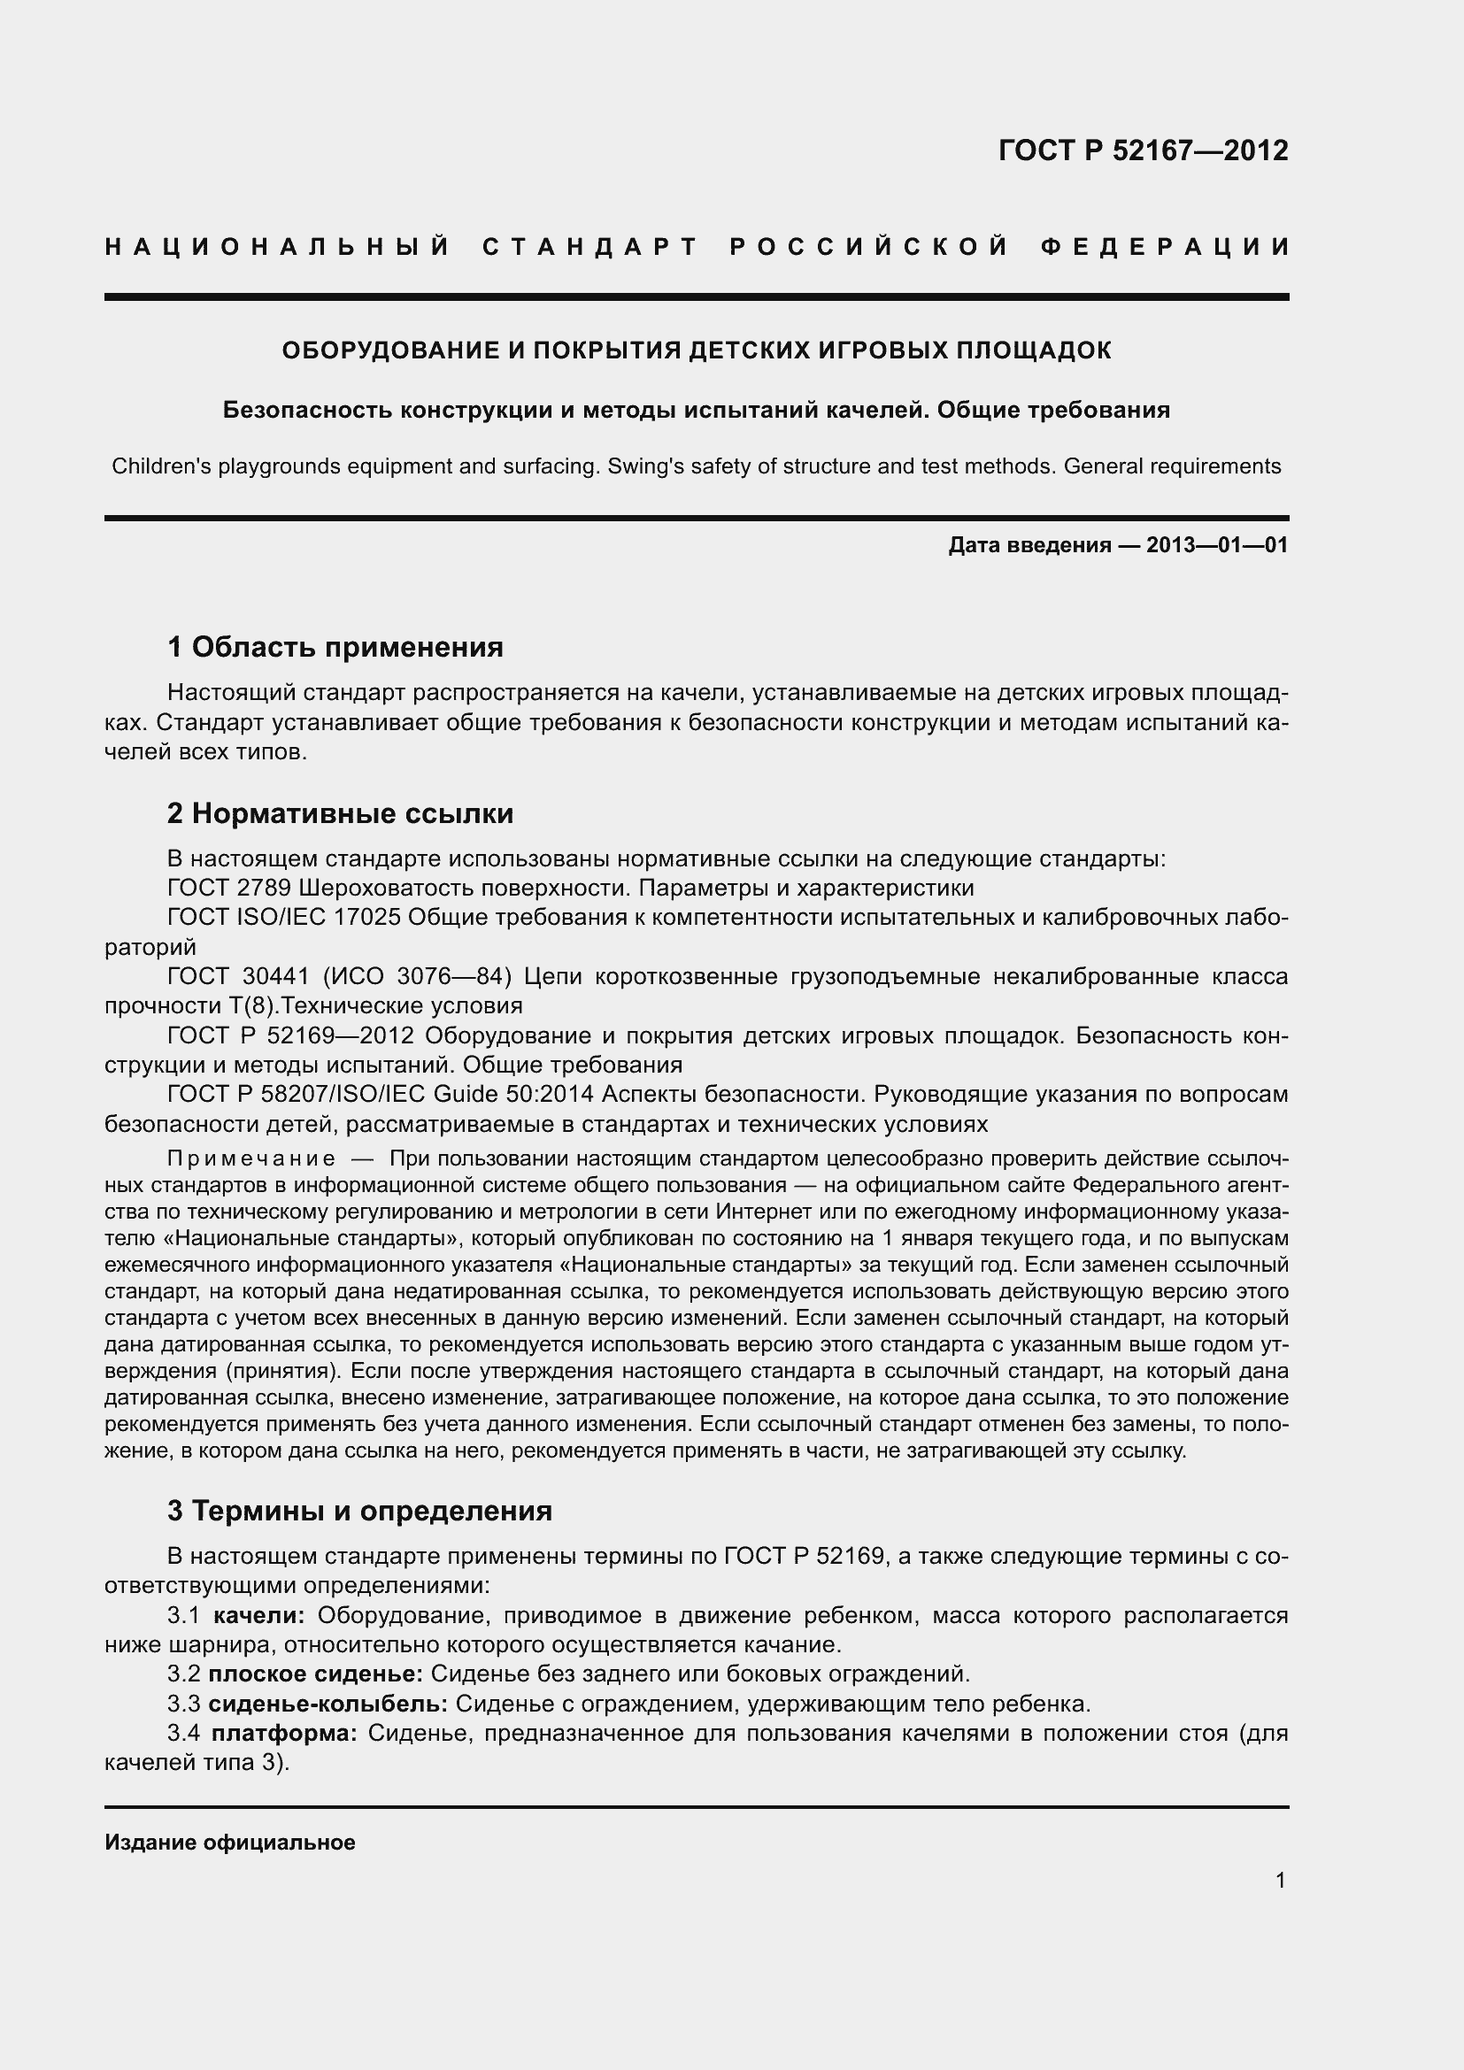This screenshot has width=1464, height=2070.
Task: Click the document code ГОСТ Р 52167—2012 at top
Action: click(1143, 150)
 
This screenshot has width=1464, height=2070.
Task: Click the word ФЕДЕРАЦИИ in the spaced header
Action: click(1165, 247)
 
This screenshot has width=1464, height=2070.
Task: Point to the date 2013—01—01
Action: click(1217, 545)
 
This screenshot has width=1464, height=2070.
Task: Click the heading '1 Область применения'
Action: click(335, 647)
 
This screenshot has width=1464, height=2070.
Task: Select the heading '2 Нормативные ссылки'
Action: click(340, 814)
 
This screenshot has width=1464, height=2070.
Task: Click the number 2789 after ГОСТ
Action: click(263, 888)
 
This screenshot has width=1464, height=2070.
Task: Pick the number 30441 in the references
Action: click(277, 976)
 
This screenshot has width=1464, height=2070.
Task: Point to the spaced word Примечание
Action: click(251, 1158)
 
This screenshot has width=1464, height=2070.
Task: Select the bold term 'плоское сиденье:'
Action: click(315, 1674)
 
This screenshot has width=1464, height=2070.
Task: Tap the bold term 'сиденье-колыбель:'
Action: click(327, 1704)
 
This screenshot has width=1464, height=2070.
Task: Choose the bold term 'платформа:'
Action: click(284, 1734)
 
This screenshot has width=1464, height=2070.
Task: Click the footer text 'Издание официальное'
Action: click(230, 1843)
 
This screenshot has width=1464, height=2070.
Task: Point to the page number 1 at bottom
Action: click(1280, 1881)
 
